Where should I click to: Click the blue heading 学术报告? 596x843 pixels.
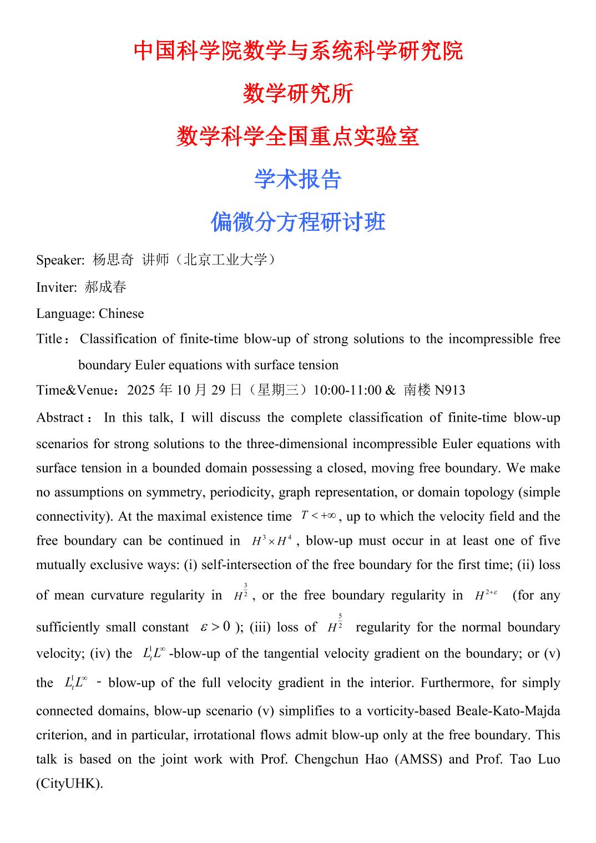point(297,179)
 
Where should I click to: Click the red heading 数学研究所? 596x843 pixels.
point(297,93)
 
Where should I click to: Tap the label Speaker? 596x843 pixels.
point(60,260)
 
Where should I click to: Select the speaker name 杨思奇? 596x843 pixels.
point(114,260)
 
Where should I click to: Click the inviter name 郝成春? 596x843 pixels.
point(105,287)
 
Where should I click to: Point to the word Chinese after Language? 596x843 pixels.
point(121,313)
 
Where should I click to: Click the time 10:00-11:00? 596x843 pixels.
point(347,390)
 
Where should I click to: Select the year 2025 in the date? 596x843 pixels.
point(142,390)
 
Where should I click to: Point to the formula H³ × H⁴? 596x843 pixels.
point(272,541)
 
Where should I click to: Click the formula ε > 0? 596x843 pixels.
point(215,627)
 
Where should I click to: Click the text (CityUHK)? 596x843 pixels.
point(69,784)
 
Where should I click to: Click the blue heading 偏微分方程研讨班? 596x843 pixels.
point(297,222)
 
